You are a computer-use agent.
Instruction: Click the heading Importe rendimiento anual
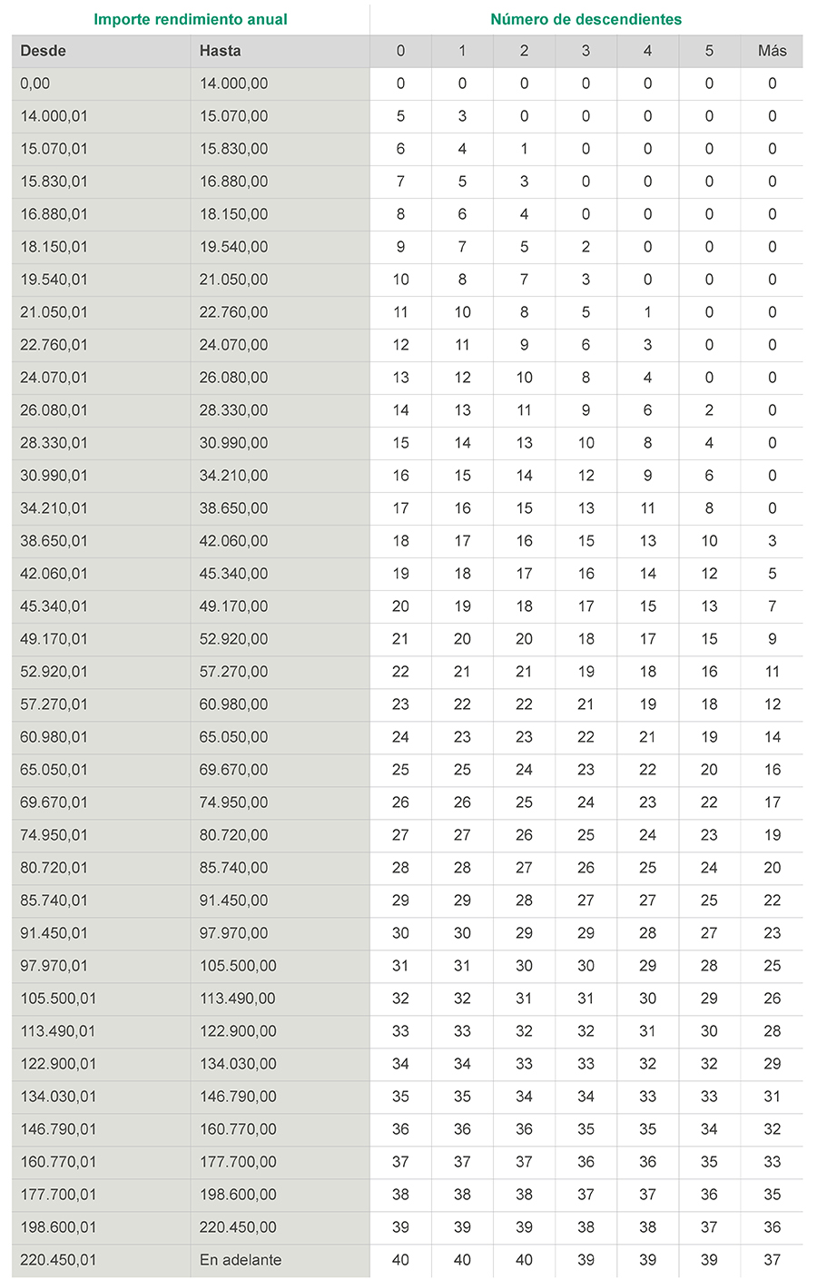[x=191, y=19]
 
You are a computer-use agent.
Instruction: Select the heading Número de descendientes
[x=586, y=19]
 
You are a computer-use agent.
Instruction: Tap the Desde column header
[x=44, y=51]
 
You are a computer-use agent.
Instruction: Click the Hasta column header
[x=220, y=51]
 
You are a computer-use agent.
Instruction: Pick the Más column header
[x=772, y=51]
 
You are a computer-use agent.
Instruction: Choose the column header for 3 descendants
[x=586, y=51]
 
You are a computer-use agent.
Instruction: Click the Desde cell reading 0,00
[x=35, y=84]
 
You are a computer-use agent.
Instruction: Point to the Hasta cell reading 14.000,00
[x=233, y=84]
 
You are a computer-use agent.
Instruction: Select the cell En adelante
[x=241, y=1260]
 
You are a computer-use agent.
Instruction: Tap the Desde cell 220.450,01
[x=58, y=1260]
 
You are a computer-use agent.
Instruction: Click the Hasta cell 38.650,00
[x=233, y=508]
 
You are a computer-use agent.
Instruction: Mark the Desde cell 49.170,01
[x=54, y=639]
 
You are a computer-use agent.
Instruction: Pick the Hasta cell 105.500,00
[x=238, y=966]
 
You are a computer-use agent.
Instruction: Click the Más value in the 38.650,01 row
[x=772, y=541]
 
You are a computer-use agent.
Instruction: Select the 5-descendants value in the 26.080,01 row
[x=709, y=410]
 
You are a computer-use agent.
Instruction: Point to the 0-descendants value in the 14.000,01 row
[x=400, y=116]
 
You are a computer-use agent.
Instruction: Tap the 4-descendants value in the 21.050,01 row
[x=647, y=312]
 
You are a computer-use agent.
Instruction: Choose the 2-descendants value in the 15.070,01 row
[x=524, y=149]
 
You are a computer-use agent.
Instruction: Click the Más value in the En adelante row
[x=772, y=1260]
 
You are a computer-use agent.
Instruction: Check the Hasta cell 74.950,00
[x=233, y=802]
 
